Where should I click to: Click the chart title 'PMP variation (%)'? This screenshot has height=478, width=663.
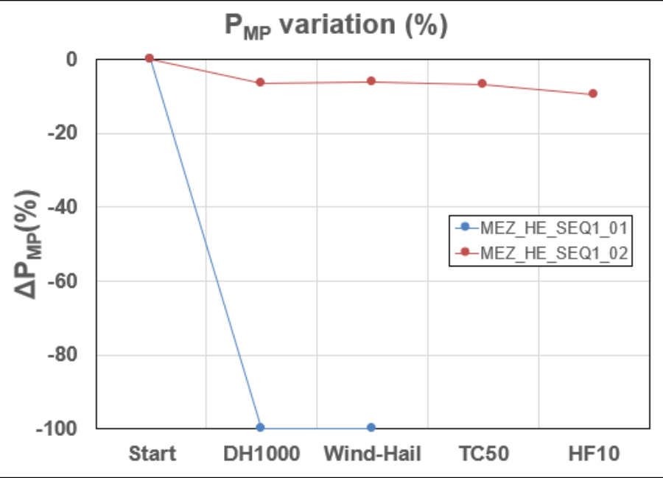point(336,27)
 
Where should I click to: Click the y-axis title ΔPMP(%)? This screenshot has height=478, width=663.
point(28,243)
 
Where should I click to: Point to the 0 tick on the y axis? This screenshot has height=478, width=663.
point(71,59)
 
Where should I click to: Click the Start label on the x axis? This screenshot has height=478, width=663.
point(152,454)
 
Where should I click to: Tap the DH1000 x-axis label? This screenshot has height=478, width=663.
point(261,454)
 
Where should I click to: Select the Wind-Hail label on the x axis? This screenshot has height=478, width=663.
point(372,454)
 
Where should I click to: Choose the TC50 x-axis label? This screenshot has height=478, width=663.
point(483,454)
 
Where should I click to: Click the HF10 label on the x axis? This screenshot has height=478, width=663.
point(593,454)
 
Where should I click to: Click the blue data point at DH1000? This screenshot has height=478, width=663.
point(260,427)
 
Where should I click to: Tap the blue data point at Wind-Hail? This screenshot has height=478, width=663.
point(371,427)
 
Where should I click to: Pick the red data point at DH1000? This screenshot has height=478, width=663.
point(260,82)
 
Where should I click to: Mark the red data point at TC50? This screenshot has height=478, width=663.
point(482,84)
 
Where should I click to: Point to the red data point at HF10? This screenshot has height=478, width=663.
point(593,94)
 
